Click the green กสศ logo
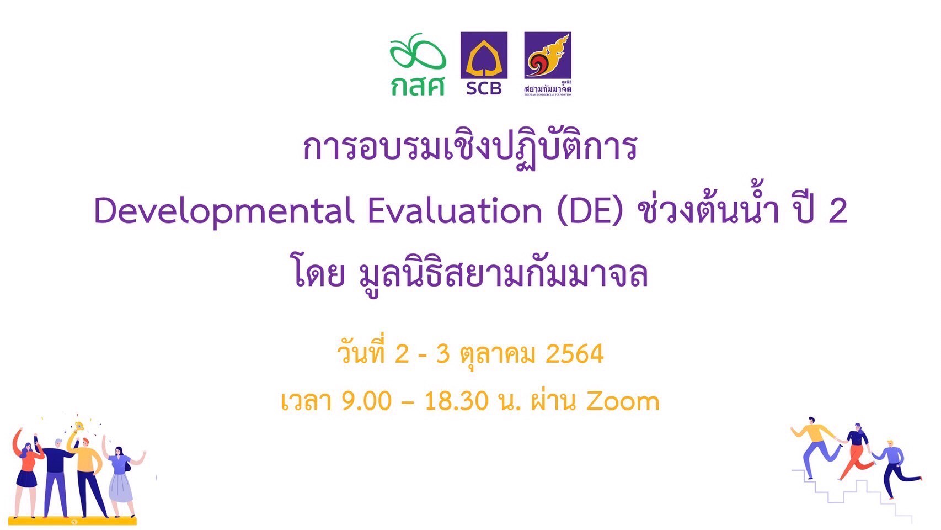[x=418, y=65]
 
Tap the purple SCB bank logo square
[x=484, y=55]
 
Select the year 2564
[x=574, y=354]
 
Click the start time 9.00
[x=366, y=401]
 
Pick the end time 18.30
[x=456, y=401]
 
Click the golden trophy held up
[x=78, y=426]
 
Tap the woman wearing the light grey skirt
[x=121, y=480]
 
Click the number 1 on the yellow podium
[x=74, y=522]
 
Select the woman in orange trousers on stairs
[x=855, y=452]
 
